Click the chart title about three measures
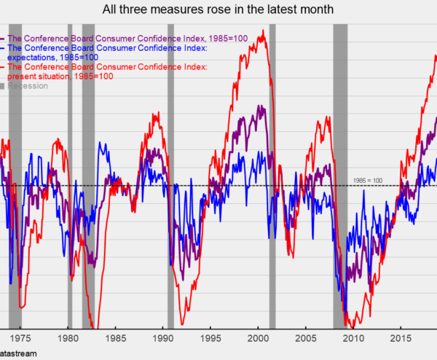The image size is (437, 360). pyautogui.click(x=219, y=9)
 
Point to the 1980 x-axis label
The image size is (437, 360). pyautogui.click(x=68, y=338)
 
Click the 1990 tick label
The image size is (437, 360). pyautogui.click(x=163, y=338)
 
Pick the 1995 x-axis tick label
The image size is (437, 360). pyautogui.click(x=210, y=338)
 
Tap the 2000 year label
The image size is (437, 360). pyautogui.click(x=259, y=338)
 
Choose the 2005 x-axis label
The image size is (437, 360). pyautogui.click(x=306, y=338)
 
